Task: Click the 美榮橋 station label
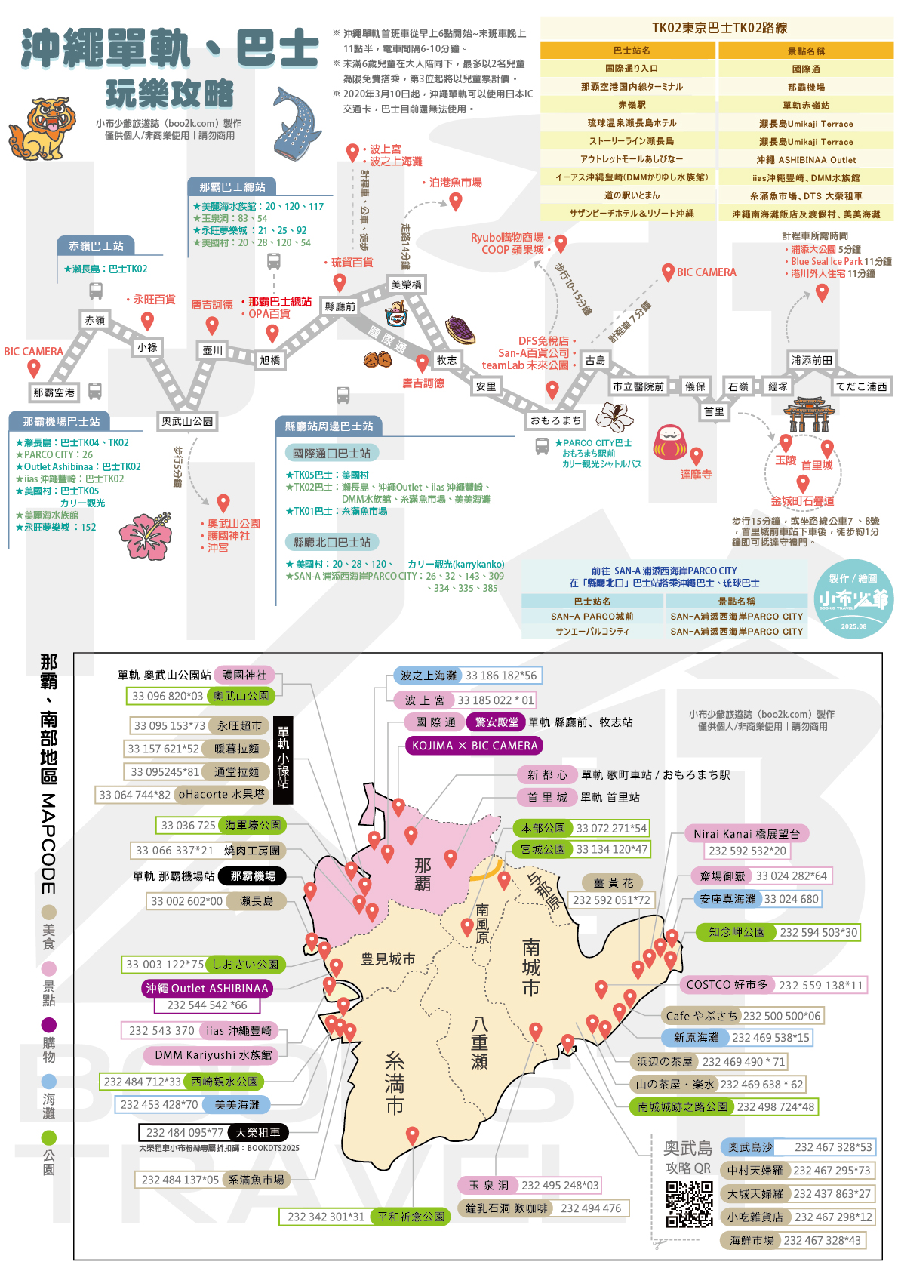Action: pos(406,285)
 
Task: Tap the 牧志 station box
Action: pos(447,360)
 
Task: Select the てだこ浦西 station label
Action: pos(861,386)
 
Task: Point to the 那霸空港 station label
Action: pos(54,392)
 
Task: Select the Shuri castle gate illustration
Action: pos(809,414)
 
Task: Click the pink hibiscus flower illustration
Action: pos(145,536)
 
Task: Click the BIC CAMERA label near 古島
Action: pos(706,272)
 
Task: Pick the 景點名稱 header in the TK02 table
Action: pos(806,51)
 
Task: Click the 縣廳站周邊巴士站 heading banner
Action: pos(329,426)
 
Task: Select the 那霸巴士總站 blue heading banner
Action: pos(232,186)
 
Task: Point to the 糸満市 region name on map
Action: pos(395,1083)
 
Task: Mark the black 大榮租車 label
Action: pos(257,1133)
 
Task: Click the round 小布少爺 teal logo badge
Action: pos(853,599)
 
